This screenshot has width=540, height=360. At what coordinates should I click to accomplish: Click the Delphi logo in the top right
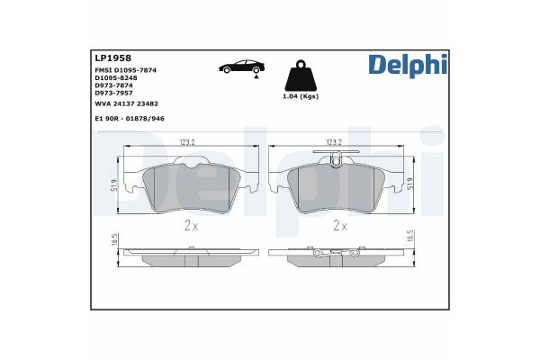coord(405,65)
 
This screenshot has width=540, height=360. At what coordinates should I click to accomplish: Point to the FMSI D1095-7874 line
coord(125,70)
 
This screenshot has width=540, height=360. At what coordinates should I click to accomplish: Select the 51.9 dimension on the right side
coord(410,184)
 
